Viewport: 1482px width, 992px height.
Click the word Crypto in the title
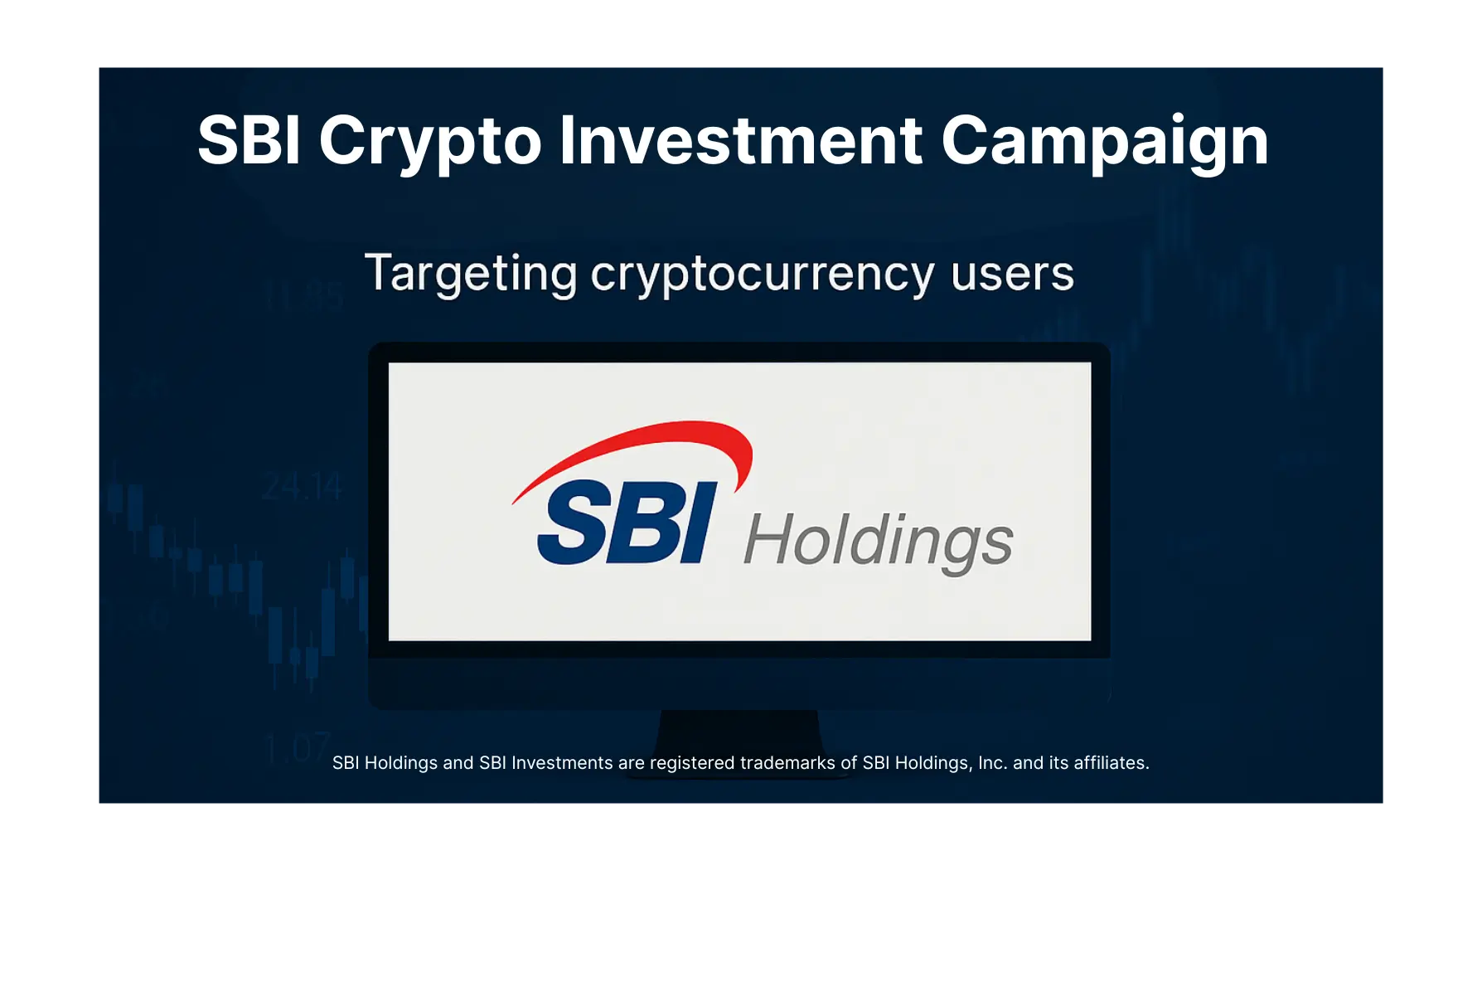point(429,141)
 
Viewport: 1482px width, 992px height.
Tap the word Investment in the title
point(740,141)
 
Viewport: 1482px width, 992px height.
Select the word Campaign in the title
point(1104,141)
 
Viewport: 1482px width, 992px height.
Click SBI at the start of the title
point(249,141)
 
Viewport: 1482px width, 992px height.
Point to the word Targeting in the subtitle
point(471,274)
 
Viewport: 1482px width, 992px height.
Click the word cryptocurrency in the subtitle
point(762,274)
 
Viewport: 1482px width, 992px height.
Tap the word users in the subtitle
point(1012,274)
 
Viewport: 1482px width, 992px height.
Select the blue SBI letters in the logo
point(626,523)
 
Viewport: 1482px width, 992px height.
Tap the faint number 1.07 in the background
point(297,748)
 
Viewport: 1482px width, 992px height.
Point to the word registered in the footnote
point(692,763)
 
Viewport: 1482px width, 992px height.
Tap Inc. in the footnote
point(992,763)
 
